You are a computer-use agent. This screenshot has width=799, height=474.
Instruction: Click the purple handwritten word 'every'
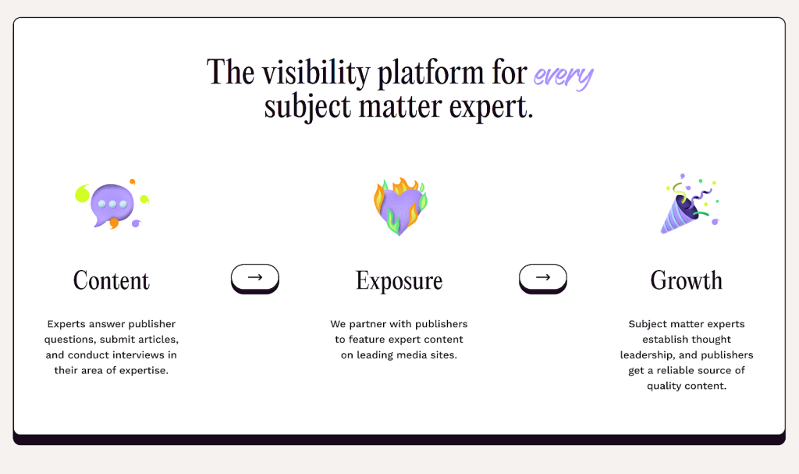tap(563, 77)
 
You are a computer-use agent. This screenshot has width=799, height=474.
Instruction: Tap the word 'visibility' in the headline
tap(316, 73)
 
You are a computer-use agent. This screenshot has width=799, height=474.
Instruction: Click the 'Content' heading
tap(111, 280)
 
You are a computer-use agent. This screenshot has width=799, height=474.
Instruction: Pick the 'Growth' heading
tap(687, 280)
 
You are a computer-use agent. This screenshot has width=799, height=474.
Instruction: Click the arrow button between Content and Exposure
tap(255, 279)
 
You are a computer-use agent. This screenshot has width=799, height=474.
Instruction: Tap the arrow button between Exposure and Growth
tap(543, 279)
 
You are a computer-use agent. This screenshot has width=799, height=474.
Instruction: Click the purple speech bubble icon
tap(112, 205)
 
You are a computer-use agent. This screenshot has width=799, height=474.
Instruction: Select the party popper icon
tap(689, 204)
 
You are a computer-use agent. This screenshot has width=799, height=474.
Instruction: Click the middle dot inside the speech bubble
tap(112, 204)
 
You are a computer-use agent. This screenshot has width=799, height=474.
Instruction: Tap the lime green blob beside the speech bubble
tap(82, 194)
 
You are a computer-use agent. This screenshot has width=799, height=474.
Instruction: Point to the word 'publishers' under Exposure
tap(442, 324)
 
